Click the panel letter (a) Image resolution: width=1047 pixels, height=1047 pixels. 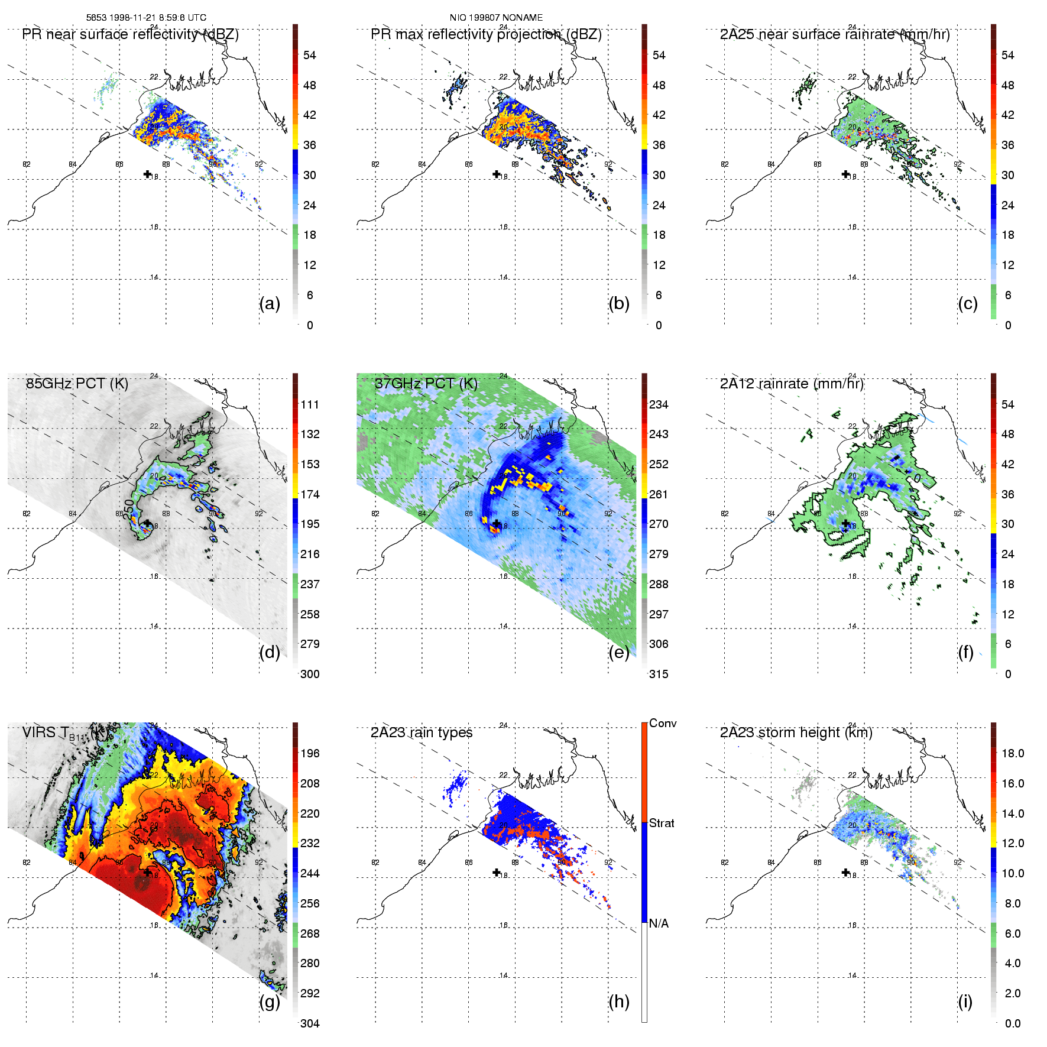tap(270, 304)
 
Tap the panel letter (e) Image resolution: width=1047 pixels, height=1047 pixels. tap(619, 653)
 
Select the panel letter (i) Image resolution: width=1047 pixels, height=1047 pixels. tap(965, 1002)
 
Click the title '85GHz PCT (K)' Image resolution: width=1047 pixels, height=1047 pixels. tap(77, 384)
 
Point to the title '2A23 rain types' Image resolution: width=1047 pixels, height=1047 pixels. tap(422, 732)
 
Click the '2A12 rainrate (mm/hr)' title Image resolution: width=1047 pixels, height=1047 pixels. tap(792, 384)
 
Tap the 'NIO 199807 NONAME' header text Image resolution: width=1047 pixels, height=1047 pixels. tap(496, 18)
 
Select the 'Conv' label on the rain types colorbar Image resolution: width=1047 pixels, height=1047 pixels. tap(663, 724)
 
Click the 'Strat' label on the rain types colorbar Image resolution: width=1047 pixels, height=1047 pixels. tap(662, 824)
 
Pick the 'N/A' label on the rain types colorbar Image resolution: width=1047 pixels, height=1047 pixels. tap(659, 923)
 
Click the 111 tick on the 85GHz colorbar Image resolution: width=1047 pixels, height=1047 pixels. tap(310, 404)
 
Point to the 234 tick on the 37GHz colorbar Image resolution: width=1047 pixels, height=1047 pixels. tap(659, 404)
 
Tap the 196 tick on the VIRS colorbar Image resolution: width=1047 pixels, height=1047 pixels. tap(310, 753)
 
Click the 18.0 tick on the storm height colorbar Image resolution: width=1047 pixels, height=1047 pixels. tap(1013, 753)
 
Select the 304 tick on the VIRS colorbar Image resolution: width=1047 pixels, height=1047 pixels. tap(310, 1023)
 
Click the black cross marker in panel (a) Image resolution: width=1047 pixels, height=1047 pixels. tap(147, 174)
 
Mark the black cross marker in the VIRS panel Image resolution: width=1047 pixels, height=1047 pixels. tap(147, 872)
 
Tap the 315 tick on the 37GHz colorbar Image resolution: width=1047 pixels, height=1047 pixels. tap(659, 674)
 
